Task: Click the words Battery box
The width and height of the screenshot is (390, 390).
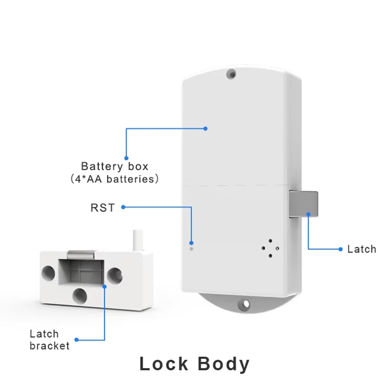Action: pyautogui.click(x=115, y=167)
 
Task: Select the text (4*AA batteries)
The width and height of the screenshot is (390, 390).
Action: pyautogui.click(x=115, y=179)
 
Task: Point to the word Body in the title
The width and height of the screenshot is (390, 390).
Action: pyautogui.click(x=223, y=364)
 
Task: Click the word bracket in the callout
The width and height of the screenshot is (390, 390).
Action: pyautogui.click(x=50, y=346)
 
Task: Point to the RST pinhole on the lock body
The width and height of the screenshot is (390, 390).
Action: pyautogui.click(x=191, y=248)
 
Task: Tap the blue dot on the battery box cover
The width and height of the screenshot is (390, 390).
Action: pyautogui.click(x=206, y=128)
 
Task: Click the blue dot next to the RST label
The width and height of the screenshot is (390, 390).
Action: pyautogui.click(x=123, y=207)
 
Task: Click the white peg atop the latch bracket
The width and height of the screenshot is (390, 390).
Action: pyautogui.click(x=137, y=240)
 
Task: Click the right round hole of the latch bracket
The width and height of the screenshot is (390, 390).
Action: pyautogui.click(x=115, y=274)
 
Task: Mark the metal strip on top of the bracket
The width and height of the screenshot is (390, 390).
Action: pyautogui.click(x=81, y=255)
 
